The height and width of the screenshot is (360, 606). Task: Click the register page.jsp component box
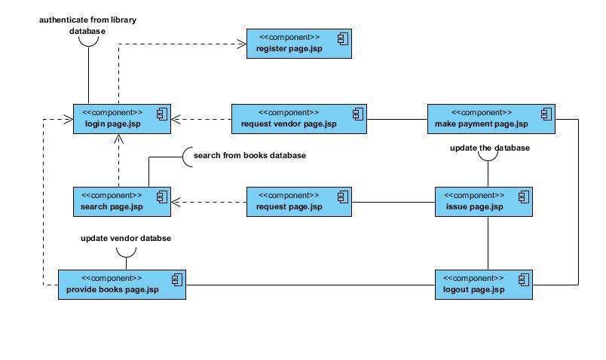[299, 44]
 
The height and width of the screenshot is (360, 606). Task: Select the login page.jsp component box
[122, 119]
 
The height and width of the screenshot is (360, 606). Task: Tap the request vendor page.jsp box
[299, 119]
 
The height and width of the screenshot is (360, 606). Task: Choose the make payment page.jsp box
[491, 119]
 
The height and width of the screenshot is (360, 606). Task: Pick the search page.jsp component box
[122, 202]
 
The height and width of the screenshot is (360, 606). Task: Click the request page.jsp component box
[299, 202]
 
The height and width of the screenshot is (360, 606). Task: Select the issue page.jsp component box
[484, 202]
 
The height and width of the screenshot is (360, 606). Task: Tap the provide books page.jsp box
[122, 285]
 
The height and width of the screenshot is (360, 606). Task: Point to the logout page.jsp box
[484, 285]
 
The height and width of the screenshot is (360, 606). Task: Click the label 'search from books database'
[249, 155]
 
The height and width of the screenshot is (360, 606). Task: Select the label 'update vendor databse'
[126, 238]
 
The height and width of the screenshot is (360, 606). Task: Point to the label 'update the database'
[490, 148]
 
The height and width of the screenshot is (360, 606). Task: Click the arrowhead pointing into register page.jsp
[242, 44]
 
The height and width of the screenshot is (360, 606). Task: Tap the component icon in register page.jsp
[343, 39]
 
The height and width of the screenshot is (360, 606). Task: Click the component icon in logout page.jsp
[524, 280]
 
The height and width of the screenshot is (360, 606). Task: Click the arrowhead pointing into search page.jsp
[176, 202]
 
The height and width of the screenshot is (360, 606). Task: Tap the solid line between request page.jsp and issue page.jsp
[393, 202]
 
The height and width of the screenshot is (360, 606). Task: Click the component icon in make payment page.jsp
[546, 114]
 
